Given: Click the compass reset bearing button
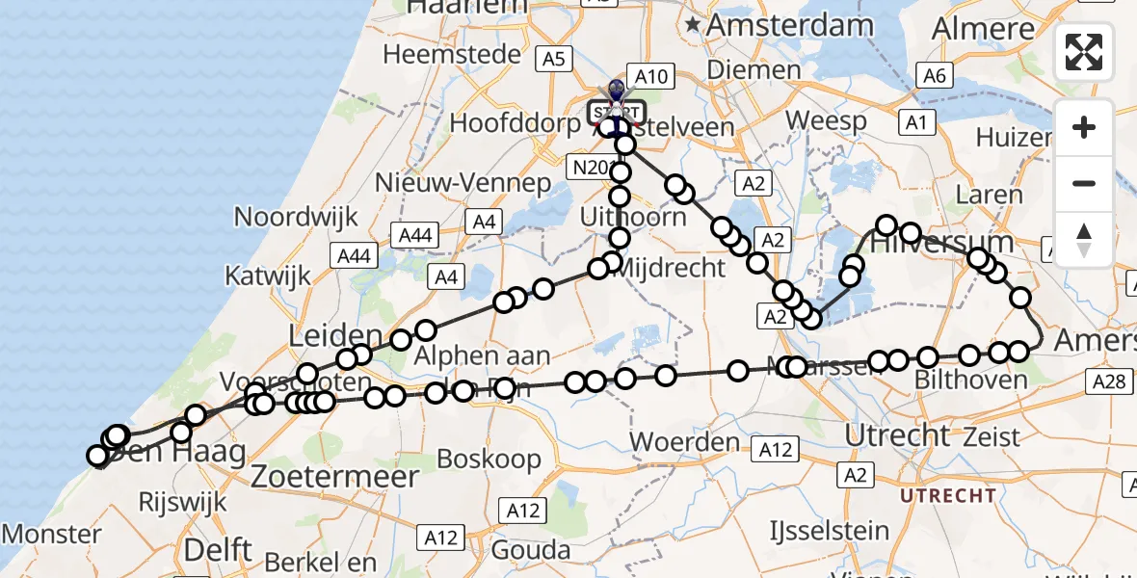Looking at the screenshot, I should tap(1084, 239).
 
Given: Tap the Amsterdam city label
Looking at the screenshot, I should tap(790, 26).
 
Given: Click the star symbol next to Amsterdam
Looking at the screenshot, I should tap(693, 27).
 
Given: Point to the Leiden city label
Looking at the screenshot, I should tap(335, 336).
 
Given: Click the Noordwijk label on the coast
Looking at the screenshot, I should tap(296, 216).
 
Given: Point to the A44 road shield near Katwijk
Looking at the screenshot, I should tap(352, 255).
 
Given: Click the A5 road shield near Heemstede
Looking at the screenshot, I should tap(553, 60).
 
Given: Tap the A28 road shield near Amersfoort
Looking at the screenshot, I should tap(1110, 382).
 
